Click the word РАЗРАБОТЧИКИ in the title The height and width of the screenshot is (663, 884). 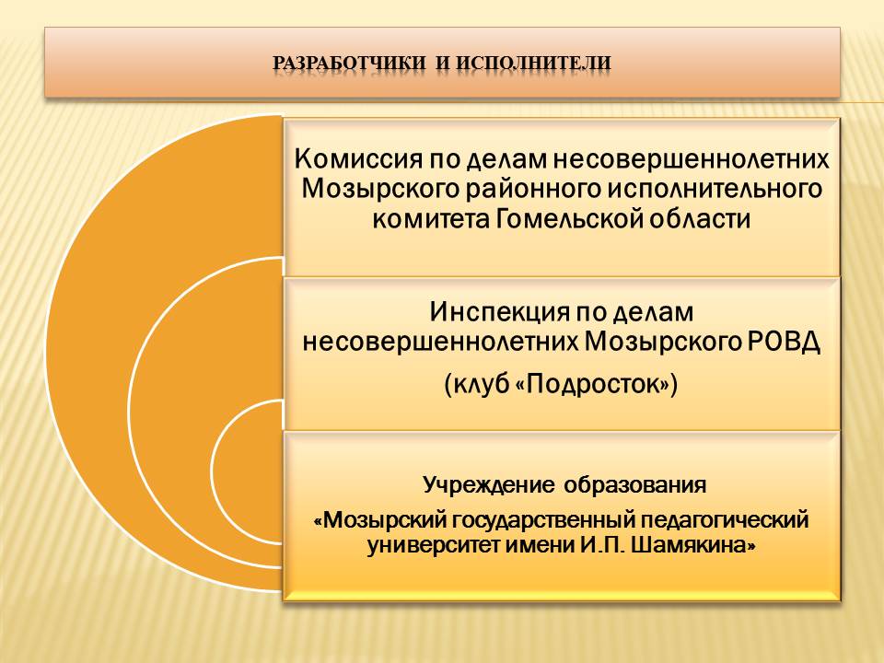click(x=350, y=63)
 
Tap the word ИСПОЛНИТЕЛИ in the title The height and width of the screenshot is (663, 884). click(x=533, y=63)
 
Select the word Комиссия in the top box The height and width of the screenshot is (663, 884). click(x=358, y=159)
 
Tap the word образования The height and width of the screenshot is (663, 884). click(x=634, y=485)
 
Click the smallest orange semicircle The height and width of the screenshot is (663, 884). click(x=247, y=471)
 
